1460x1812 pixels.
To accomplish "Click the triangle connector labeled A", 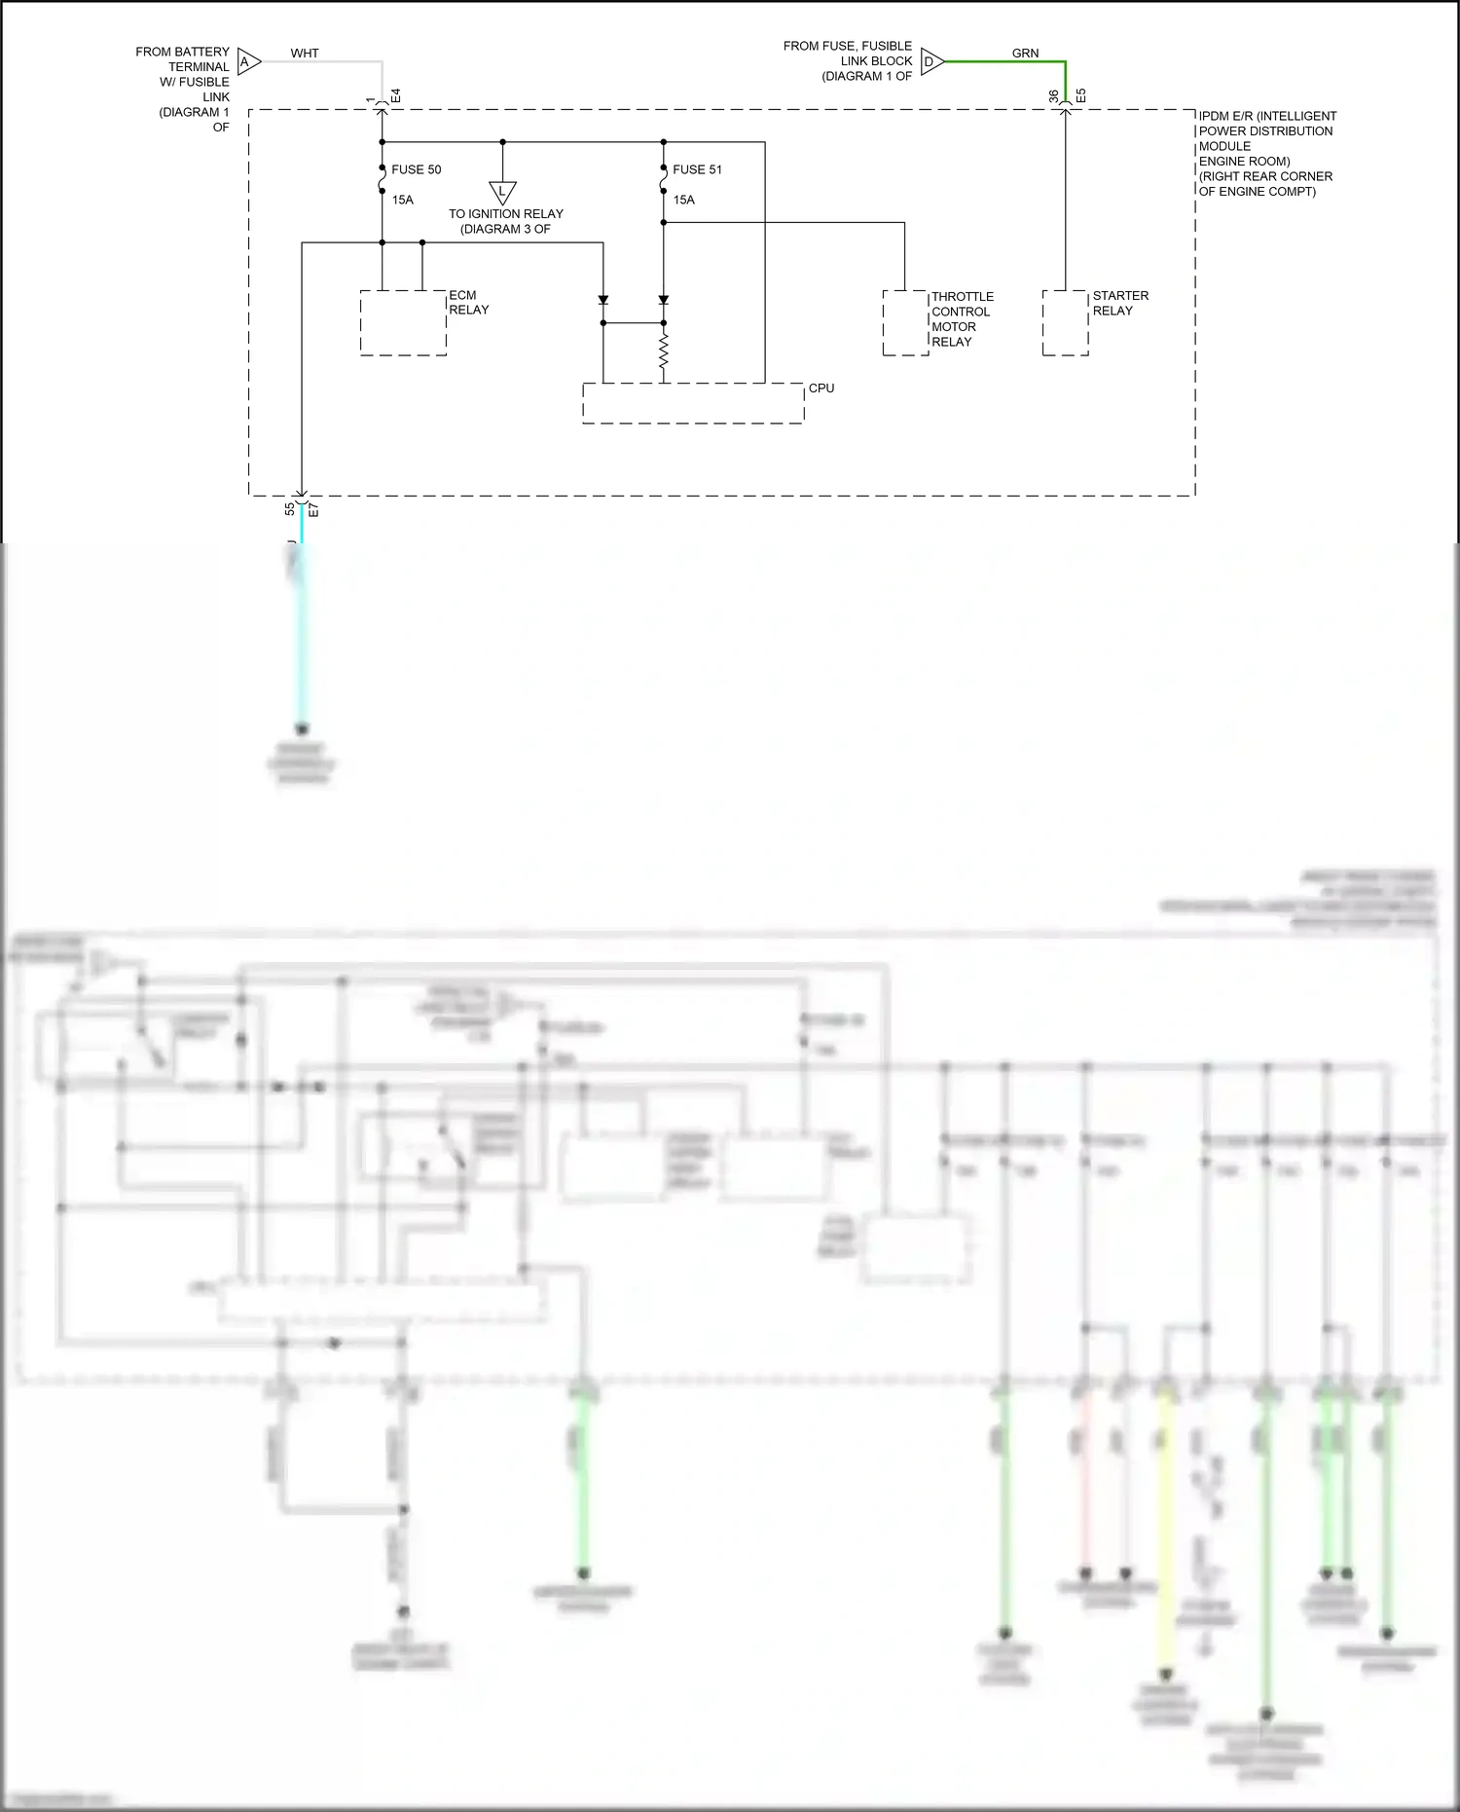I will point(248,62).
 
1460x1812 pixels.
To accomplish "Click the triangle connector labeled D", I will point(931,61).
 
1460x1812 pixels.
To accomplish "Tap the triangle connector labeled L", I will point(502,192).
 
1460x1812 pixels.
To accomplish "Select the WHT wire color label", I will point(305,54).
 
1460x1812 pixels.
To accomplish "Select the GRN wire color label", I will point(1025,54).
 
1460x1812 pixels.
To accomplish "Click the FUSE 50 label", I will point(416,169).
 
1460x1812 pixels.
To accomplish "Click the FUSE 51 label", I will point(697,169).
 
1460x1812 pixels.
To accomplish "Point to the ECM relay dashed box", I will point(403,322).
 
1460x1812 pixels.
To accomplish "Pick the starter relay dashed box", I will point(1065,322).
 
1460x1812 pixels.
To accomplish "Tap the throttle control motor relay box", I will point(905,322).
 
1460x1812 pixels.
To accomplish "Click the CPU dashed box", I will point(693,403).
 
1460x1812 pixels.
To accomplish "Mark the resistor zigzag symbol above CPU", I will point(664,352).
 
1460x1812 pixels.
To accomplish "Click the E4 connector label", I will point(396,96).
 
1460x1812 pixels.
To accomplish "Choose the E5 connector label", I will point(1080,96).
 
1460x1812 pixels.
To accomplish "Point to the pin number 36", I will point(1054,96).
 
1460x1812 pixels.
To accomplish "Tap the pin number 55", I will point(290,509).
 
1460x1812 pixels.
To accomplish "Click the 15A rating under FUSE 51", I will point(684,200).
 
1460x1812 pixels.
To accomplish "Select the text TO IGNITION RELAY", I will point(506,214).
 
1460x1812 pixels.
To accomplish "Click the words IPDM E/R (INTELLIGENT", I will point(1267,116).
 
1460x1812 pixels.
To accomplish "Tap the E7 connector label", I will point(313,510).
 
